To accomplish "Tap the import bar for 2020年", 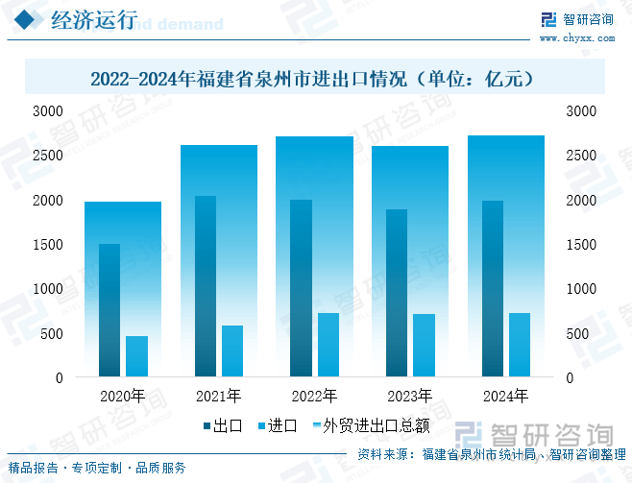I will [136, 355].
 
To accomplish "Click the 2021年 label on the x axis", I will [218, 396].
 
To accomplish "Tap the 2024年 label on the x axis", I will [505, 396].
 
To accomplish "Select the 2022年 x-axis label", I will [314, 396].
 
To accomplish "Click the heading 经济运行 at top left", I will [93, 22].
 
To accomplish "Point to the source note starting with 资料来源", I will [491, 455].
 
